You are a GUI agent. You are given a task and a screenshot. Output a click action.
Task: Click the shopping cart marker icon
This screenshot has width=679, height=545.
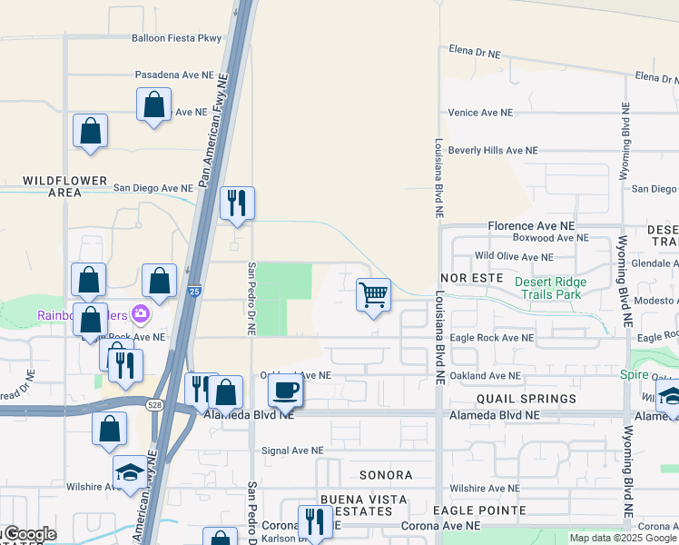[x=373, y=295]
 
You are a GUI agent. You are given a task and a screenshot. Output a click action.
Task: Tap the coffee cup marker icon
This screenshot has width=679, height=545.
[x=285, y=391]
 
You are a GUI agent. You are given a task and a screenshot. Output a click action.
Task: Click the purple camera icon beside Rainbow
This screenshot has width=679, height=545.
[x=140, y=314]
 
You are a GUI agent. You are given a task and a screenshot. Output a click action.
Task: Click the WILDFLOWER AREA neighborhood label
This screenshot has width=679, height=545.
[x=65, y=186]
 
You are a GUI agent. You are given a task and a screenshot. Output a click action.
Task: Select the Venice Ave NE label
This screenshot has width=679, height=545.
[x=480, y=113]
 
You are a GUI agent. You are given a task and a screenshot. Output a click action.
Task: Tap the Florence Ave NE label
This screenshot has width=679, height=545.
[x=531, y=225]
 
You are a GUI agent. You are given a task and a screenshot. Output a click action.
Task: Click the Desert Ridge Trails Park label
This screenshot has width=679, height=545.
[x=550, y=288]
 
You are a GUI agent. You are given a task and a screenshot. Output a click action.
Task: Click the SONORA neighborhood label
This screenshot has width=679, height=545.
[x=386, y=475]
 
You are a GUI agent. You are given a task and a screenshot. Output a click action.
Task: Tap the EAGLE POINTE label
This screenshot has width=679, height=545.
[x=477, y=511]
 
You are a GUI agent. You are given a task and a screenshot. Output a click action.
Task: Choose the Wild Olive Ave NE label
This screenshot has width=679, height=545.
[x=514, y=257]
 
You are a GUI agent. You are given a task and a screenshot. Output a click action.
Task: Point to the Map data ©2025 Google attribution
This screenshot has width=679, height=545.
[x=622, y=538]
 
